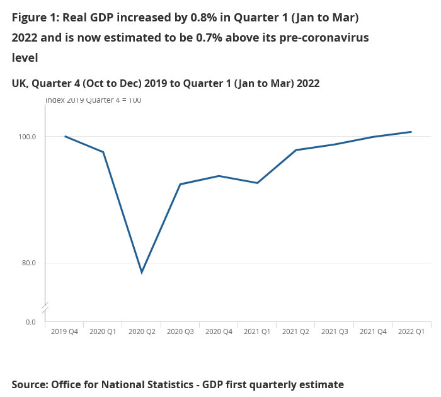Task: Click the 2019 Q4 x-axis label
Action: click(x=65, y=331)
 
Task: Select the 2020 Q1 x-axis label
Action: click(x=103, y=331)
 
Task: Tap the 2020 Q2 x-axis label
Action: click(x=142, y=331)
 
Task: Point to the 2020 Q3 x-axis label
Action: click(x=180, y=331)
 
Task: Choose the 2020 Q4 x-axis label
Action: click(x=219, y=331)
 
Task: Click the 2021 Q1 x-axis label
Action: click(x=257, y=331)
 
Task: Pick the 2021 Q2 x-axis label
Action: click(x=295, y=331)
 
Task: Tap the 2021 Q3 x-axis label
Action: click(x=334, y=331)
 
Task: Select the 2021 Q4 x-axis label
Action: click(x=372, y=331)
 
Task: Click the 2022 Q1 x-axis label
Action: click(x=411, y=331)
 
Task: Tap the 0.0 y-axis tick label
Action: click(x=30, y=322)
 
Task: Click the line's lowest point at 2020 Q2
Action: click(x=142, y=272)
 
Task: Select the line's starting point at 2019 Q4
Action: click(x=65, y=136)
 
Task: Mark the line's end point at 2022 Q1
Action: click(x=411, y=132)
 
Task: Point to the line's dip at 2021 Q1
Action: click(x=257, y=183)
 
